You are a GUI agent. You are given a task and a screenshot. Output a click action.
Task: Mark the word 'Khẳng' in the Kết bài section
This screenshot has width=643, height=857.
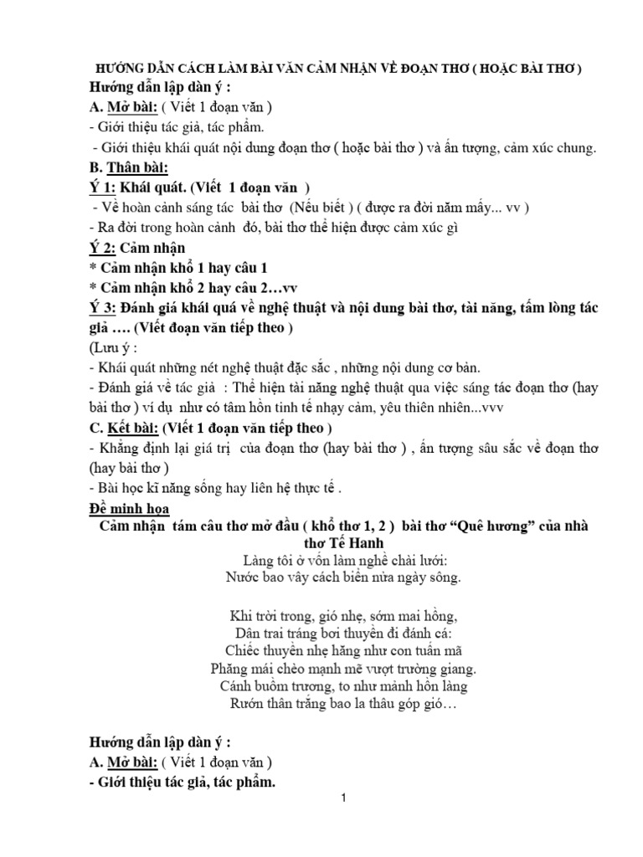120,447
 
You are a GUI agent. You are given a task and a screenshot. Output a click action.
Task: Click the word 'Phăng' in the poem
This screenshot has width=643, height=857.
230,669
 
